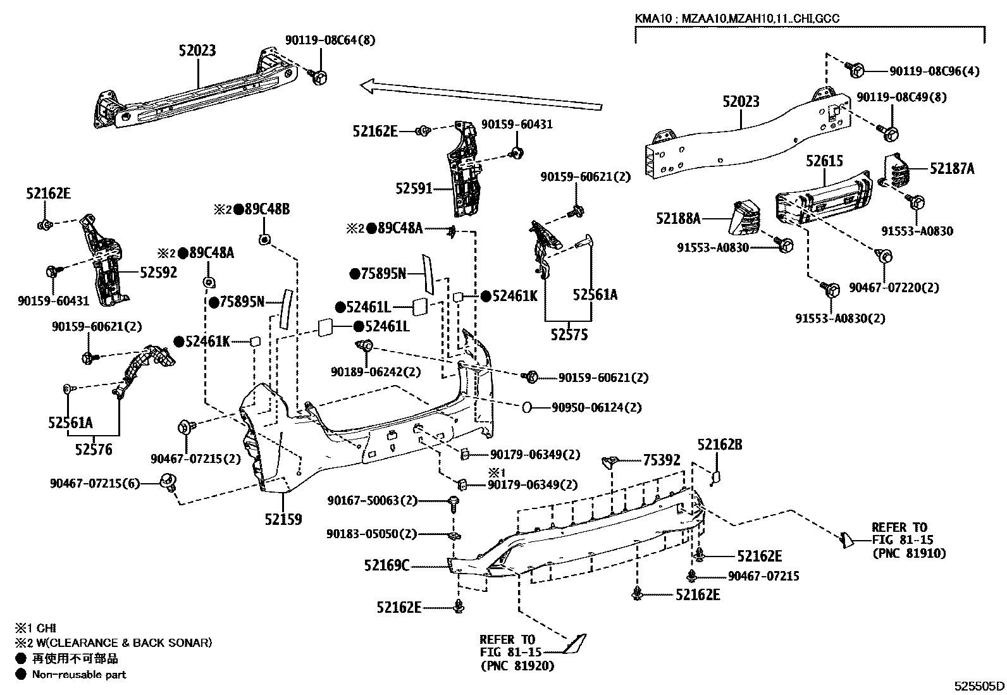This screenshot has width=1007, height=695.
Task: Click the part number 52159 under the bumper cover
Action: click(x=283, y=520)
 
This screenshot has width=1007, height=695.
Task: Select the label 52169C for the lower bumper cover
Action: click(x=386, y=565)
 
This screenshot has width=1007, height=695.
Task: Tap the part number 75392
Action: click(x=662, y=460)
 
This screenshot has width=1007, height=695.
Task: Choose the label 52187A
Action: click(x=952, y=168)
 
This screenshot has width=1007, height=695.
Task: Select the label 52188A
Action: click(x=678, y=219)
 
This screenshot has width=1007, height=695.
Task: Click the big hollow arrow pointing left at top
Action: click(x=481, y=95)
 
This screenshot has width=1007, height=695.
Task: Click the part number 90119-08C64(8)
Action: click(x=330, y=40)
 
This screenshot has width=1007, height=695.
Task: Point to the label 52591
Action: click(x=414, y=188)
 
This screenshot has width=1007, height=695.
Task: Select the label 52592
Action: click(x=158, y=273)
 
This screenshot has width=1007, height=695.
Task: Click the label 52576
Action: click(x=93, y=450)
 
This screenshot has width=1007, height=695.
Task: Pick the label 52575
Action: click(x=569, y=335)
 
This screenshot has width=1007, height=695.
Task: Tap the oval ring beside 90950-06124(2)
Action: click(x=527, y=408)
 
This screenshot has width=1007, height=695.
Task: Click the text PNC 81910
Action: click(x=909, y=553)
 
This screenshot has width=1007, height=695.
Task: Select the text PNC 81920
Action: click(x=517, y=665)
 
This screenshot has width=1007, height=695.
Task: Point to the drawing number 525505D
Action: click(x=979, y=686)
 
